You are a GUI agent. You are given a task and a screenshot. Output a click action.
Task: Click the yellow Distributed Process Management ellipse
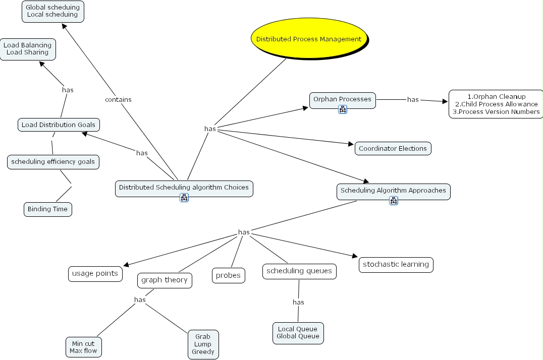click(x=309, y=39)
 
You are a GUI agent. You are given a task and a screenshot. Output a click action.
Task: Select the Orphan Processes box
click(x=342, y=99)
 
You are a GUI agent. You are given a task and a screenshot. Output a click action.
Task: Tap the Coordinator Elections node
click(x=393, y=148)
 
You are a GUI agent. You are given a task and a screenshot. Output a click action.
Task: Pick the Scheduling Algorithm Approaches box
click(x=393, y=191)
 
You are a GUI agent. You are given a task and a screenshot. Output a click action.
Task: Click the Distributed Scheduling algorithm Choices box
click(x=184, y=187)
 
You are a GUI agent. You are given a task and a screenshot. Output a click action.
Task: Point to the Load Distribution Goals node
click(x=58, y=125)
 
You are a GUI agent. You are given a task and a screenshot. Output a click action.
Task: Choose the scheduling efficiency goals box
click(x=53, y=162)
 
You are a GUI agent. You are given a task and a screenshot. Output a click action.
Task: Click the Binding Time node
click(x=48, y=209)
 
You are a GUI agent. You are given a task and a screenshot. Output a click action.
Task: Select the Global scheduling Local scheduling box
click(x=52, y=11)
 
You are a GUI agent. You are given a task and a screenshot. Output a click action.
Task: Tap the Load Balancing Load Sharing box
click(x=27, y=49)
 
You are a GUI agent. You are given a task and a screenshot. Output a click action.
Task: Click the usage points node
click(x=95, y=273)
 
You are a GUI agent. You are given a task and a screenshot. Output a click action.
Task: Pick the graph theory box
click(x=165, y=280)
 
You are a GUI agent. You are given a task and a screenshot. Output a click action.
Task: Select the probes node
click(x=228, y=275)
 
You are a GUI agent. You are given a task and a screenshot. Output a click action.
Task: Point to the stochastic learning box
click(x=396, y=264)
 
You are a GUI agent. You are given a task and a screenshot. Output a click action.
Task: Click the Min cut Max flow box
click(x=83, y=347)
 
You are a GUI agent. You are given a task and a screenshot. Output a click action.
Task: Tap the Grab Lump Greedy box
click(x=203, y=344)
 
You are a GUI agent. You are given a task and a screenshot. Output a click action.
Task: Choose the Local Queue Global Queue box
click(x=298, y=333)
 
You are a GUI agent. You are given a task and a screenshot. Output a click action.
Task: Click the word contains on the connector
click(x=118, y=99)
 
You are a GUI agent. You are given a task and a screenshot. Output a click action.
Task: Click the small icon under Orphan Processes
click(x=342, y=110)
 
